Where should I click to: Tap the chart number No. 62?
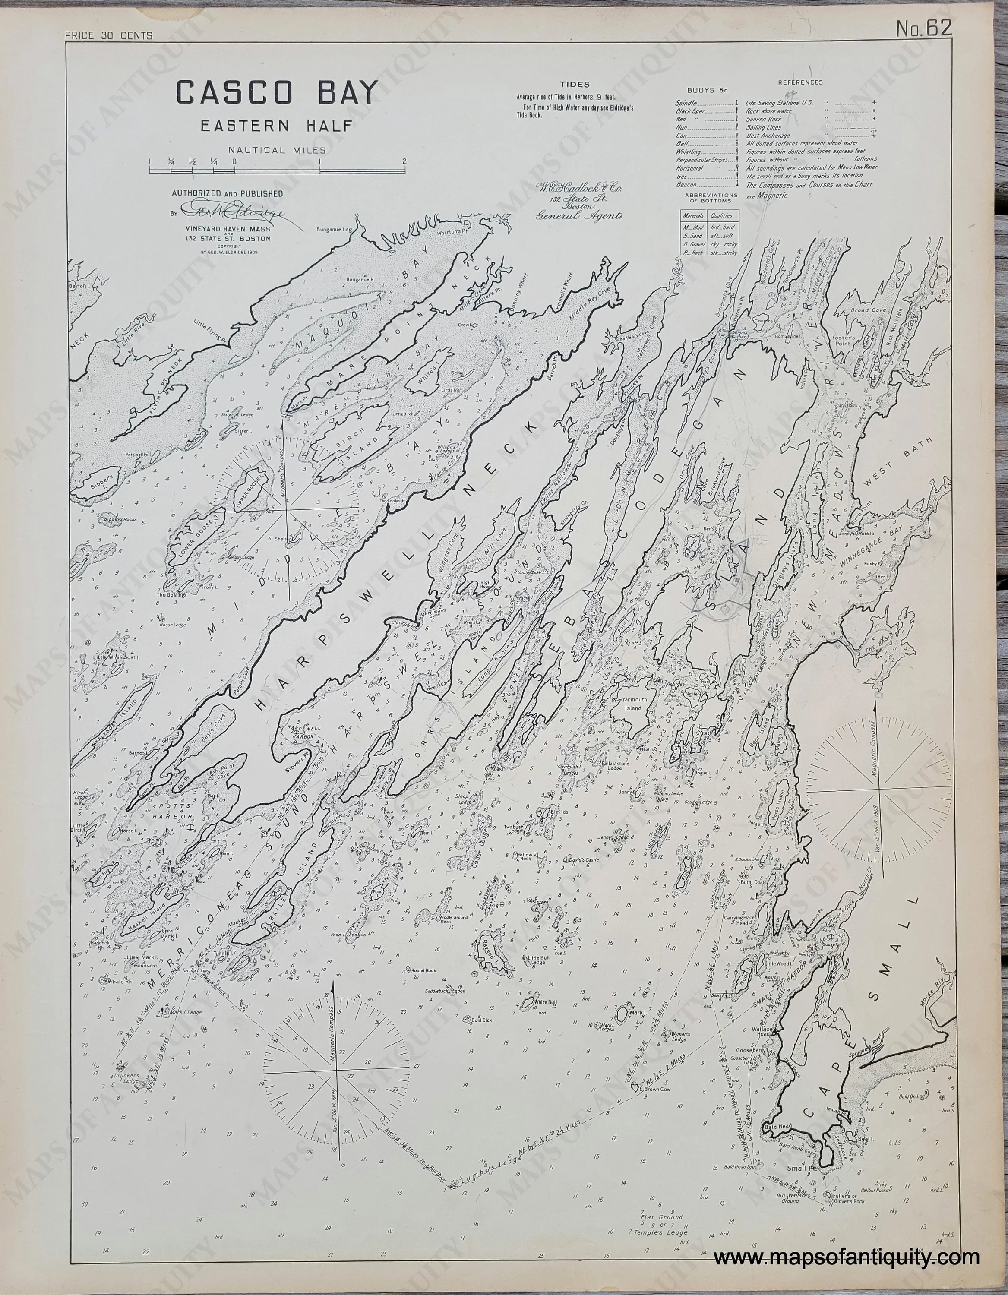(x=924, y=28)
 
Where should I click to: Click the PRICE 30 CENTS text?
(x=109, y=35)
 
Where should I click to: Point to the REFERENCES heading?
(x=800, y=82)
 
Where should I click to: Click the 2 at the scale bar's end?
(x=404, y=161)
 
